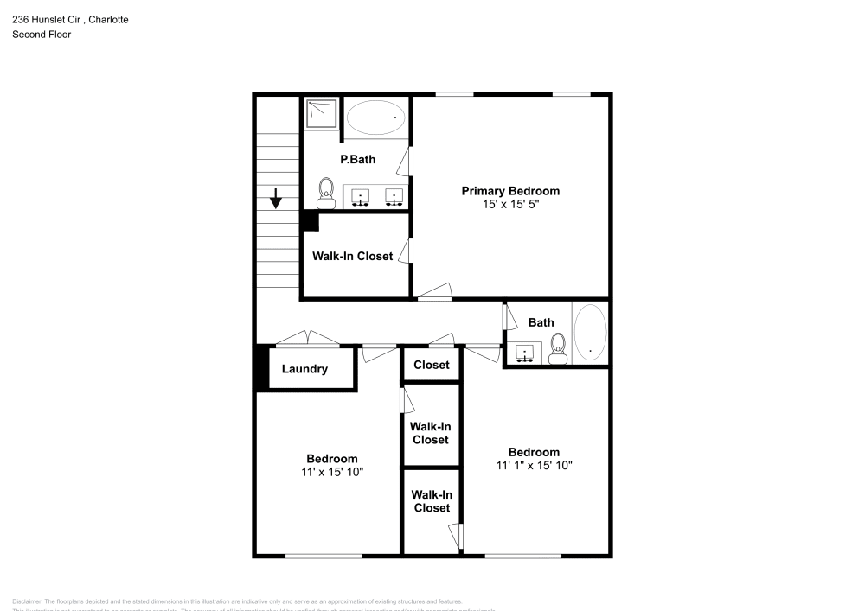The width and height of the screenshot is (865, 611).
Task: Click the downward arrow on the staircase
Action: pos(276,199)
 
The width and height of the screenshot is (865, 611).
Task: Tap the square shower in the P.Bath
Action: pos(321,113)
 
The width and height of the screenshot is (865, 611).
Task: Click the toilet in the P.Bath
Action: pos(326,193)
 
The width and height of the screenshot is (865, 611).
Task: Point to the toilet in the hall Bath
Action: pos(558,348)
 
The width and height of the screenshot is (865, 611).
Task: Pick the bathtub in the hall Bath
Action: pos(591,332)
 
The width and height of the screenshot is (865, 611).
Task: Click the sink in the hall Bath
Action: pos(524,353)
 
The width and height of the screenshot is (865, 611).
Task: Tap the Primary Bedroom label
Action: pos(510,191)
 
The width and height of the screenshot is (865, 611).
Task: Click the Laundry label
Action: pos(304,369)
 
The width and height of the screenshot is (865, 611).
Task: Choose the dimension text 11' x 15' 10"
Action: pos(332,472)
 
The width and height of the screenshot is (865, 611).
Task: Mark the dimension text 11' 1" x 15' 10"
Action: pos(534,465)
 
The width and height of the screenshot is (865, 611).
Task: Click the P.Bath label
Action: pos(357,159)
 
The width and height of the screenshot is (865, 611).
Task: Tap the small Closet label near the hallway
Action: pos(431,365)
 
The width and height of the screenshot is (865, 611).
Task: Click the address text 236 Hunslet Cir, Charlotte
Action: pos(70,20)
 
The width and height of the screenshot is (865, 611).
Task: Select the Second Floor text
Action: pos(42,35)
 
